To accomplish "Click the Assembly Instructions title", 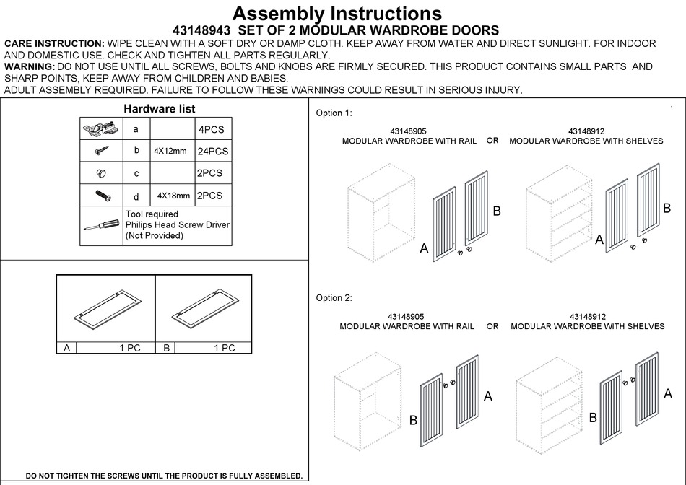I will coord(337,13).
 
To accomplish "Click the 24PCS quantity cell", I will coord(212,152).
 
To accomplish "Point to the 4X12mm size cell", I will coord(170,152).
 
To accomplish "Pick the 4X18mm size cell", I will coord(173,196).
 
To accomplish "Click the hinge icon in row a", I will coord(100,129).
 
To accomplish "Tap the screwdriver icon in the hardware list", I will coord(101,224).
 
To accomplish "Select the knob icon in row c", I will coord(100,173).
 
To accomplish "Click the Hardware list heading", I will coord(159,108).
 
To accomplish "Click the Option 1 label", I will coord(334,113).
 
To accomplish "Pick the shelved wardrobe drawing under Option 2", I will coord(550,404).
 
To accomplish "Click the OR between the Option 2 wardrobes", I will coord(492,326).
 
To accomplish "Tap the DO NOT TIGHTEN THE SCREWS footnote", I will coord(164,476).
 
